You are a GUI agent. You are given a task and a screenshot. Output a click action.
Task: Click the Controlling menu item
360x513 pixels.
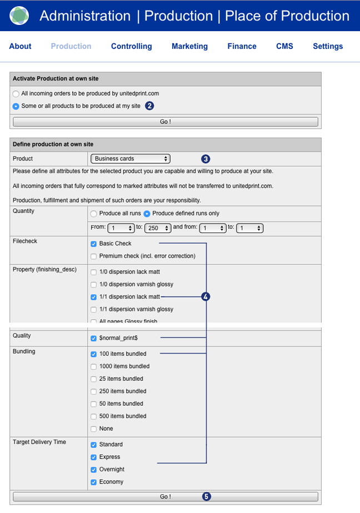131,46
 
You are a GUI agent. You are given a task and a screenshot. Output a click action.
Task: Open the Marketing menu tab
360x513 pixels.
189,46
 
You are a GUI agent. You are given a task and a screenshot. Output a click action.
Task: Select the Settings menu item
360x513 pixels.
328,46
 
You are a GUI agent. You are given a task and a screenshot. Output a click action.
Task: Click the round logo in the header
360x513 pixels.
19,16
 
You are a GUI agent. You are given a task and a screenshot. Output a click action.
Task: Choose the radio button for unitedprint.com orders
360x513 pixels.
16,94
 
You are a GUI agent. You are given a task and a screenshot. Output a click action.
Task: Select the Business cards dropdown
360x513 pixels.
131,159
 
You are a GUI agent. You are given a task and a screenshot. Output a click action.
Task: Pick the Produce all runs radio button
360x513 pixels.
93,214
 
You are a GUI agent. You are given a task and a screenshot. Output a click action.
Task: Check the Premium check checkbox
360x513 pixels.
93,256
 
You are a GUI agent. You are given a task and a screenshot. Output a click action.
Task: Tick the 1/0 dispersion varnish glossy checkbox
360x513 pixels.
93,284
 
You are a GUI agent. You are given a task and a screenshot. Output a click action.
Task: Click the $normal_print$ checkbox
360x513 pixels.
93,338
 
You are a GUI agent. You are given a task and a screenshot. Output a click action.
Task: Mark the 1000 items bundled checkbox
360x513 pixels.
93,366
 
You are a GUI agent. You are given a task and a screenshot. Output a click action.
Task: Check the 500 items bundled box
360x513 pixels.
93,416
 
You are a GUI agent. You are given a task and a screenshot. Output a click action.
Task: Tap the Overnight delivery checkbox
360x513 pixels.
93,470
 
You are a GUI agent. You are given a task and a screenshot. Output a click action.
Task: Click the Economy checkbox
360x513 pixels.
93,482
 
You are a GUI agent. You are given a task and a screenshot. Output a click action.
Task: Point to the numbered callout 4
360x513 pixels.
206,297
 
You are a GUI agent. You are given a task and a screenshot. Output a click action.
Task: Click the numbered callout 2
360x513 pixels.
149,105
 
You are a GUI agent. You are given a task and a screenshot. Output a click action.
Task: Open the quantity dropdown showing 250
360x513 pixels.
158,228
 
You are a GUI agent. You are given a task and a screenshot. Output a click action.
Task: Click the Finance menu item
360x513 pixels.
242,46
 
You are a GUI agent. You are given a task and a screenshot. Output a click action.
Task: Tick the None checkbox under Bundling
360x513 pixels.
93,429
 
